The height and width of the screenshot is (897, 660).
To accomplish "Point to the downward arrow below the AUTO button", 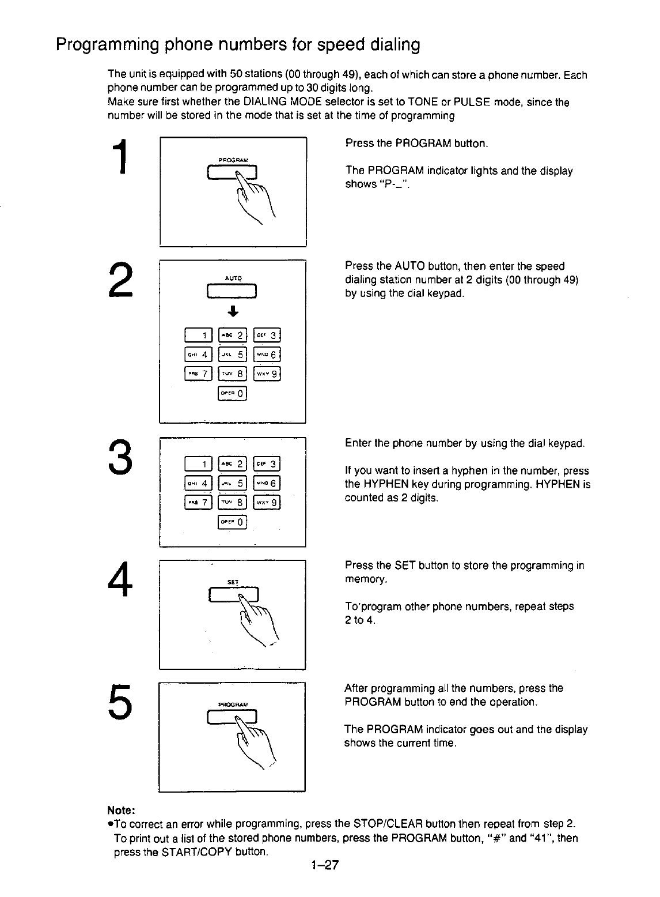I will click(232, 313).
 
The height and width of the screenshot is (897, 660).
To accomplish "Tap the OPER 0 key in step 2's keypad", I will click(232, 394).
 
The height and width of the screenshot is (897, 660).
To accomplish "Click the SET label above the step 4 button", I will click(233, 582).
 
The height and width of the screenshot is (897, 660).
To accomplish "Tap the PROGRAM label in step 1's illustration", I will click(233, 160).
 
